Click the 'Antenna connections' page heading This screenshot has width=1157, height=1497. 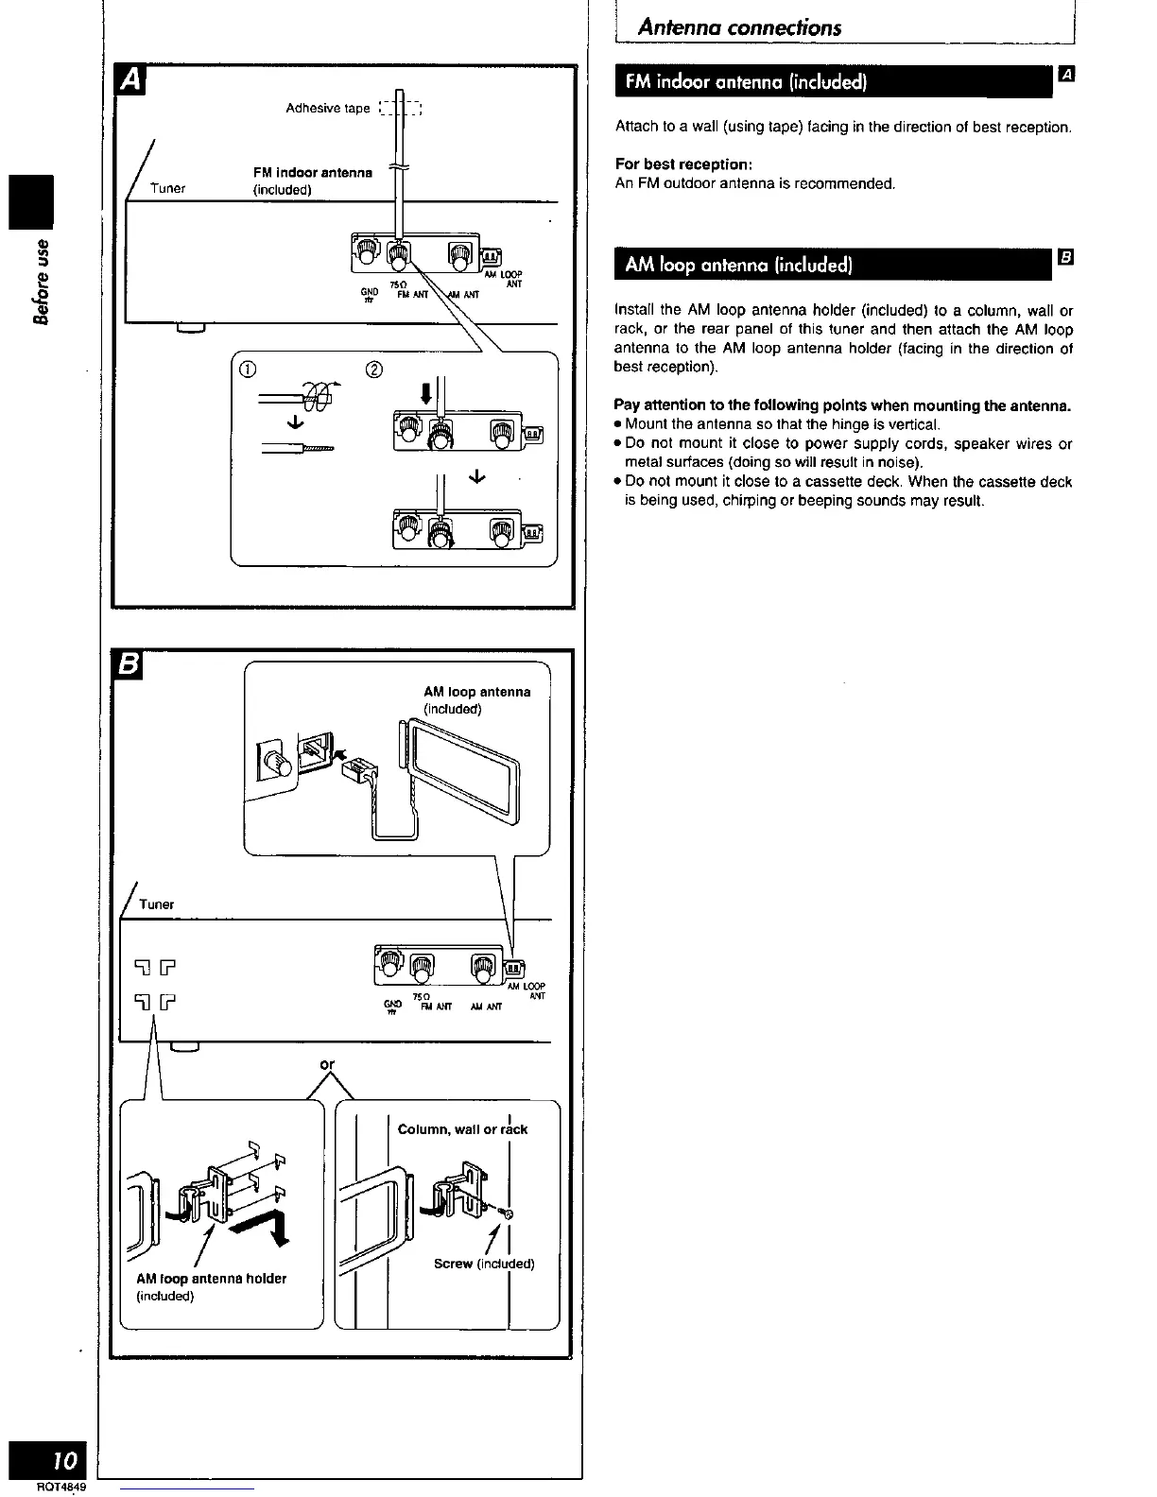(x=739, y=26)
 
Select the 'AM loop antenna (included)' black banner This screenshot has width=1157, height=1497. (x=737, y=265)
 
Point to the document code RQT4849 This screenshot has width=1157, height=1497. (x=62, y=1488)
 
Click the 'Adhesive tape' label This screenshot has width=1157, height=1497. (x=328, y=108)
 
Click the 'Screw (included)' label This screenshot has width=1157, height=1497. (x=484, y=1264)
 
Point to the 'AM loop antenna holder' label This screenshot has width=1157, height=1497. (x=211, y=1279)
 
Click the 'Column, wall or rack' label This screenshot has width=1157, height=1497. (x=462, y=1129)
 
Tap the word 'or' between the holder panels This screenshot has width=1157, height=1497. (x=327, y=1064)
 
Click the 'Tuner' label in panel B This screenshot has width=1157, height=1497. (x=156, y=904)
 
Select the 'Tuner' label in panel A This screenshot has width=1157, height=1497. (x=167, y=188)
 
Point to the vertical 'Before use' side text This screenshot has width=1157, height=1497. (x=40, y=284)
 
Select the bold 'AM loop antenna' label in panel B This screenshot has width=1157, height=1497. (x=476, y=692)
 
